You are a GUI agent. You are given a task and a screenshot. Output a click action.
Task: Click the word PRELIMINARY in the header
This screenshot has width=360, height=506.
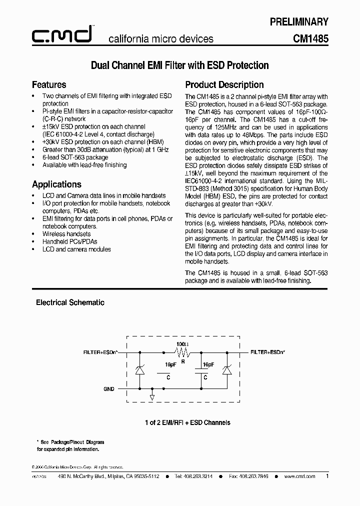299,21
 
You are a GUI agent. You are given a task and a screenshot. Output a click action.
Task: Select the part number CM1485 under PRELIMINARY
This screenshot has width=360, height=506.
311,38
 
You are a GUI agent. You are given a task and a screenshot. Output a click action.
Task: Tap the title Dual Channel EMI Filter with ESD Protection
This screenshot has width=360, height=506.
179,65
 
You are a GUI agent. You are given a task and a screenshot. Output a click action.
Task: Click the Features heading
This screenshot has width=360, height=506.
49,84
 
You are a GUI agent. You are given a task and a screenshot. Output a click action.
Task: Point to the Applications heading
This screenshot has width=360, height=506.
56,184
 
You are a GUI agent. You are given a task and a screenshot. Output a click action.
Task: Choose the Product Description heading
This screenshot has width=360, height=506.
224,84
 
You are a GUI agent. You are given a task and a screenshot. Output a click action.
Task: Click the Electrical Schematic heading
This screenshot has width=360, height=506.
70,302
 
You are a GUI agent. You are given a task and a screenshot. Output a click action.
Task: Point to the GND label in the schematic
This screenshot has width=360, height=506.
108,389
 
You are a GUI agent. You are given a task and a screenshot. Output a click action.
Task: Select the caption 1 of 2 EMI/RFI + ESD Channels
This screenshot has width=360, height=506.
187,422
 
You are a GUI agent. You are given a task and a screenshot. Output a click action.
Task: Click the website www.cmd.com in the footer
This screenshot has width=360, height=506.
299,476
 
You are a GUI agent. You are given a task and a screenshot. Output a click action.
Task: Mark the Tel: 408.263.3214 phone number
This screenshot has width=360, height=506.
194,476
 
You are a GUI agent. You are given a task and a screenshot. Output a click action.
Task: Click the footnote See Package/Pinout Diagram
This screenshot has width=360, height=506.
73,442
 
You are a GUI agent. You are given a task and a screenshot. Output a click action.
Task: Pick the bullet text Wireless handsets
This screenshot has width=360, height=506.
66,234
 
